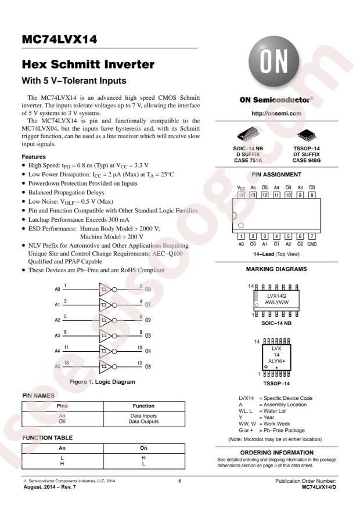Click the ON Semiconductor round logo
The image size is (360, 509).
click(x=273, y=62)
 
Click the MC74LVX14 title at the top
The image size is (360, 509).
click(x=59, y=39)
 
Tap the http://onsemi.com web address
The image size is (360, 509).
click(x=276, y=113)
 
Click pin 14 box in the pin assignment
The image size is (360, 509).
click(x=241, y=195)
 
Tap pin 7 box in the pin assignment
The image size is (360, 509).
click(x=312, y=236)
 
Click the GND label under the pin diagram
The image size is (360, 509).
click(x=312, y=244)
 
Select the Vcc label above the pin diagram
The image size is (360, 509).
click(x=241, y=188)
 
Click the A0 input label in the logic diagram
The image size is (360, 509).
click(x=57, y=289)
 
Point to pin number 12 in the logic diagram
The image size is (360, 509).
click(x=139, y=363)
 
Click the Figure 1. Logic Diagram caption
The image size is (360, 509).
click(x=102, y=382)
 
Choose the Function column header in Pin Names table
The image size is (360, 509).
click(x=143, y=406)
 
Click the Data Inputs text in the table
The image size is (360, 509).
click(x=143, y=416)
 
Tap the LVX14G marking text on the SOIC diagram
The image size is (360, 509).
click(x=276, y=296)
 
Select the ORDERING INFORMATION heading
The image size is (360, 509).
click(x=277, y=453)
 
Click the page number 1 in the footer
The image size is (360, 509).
click(x=179, y=481)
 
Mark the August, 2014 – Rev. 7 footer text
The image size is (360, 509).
click(x=50, y=487)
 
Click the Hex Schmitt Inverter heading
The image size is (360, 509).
click(x=88, y=64)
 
